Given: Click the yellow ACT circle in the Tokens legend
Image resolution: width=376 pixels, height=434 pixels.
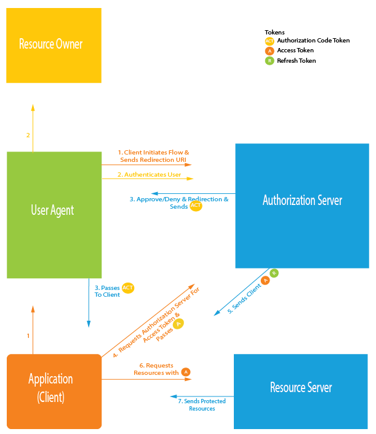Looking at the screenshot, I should click(270, 41).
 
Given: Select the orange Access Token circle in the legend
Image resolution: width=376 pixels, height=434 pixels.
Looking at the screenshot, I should click(270, 51).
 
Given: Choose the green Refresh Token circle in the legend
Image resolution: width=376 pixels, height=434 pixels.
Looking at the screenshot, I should click(270, 61).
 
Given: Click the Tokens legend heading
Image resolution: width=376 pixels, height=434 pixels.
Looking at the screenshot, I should click(274, 32).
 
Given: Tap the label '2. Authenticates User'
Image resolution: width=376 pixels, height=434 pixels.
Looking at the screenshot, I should click(149, 175).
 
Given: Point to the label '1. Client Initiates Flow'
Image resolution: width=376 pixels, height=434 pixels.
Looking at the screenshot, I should click(154, 152).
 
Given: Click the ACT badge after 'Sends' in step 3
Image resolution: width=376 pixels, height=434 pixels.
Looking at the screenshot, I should click(196, 206).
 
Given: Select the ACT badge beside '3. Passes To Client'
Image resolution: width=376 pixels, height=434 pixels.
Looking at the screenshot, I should click(128, 287).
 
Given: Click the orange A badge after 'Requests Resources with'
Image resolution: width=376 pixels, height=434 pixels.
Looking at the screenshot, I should click(185, 372).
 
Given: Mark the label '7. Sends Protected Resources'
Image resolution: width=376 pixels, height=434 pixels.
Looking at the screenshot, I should click(202, 404).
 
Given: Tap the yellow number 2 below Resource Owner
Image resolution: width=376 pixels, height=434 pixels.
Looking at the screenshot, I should click(28, 135).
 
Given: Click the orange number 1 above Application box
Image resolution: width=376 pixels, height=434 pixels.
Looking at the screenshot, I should click(28, 336).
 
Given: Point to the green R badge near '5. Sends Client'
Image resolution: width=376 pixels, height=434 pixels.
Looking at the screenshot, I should click(274, 273).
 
